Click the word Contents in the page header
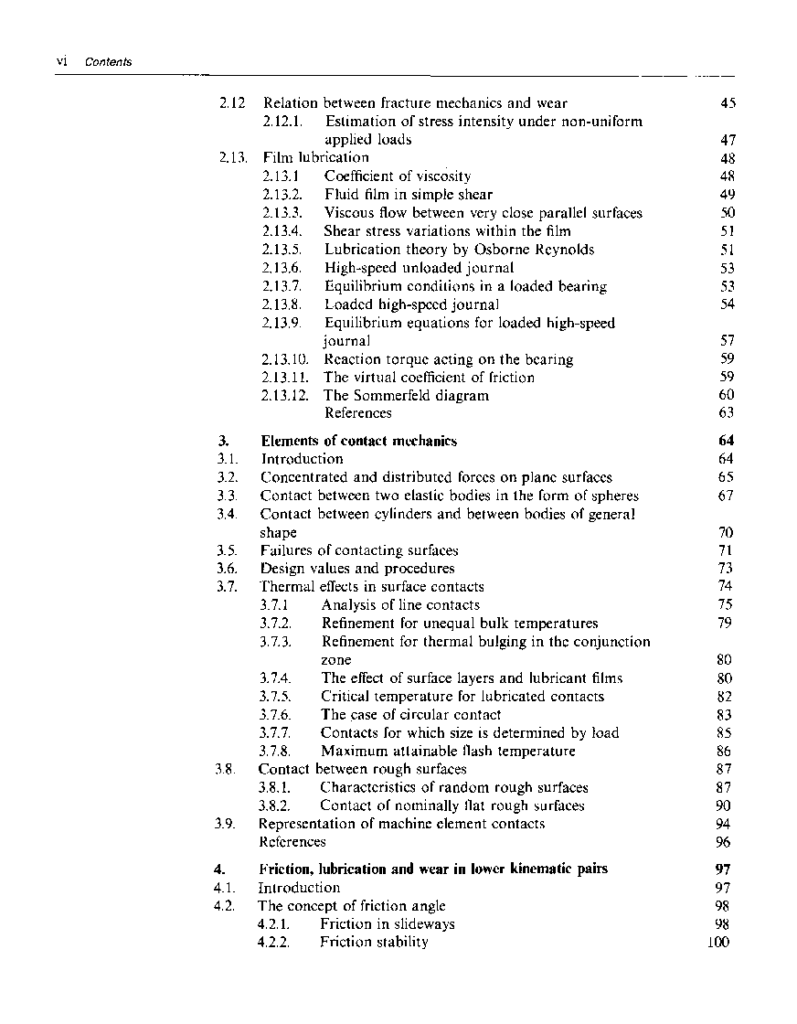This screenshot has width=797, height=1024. coord(108,62)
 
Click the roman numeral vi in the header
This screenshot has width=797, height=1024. coord(63,62)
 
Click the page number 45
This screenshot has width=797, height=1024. coord(728,103)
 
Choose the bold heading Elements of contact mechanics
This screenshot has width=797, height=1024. coord(359,441)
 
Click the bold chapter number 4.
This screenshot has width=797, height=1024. coord(222,869)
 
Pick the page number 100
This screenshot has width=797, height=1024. coord(718,942)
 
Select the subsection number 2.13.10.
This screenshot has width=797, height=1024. coord(285,359)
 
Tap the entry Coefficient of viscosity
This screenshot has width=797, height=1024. coord(398,176)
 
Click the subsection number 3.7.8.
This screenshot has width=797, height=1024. coord(275,752)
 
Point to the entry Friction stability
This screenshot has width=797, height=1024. coord(374,942)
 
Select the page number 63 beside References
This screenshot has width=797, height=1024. coord(727,413)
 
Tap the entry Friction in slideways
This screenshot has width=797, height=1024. coord(388,923)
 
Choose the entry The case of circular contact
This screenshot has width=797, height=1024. coord(411,715)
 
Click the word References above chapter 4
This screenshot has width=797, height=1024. coord(292,842)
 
